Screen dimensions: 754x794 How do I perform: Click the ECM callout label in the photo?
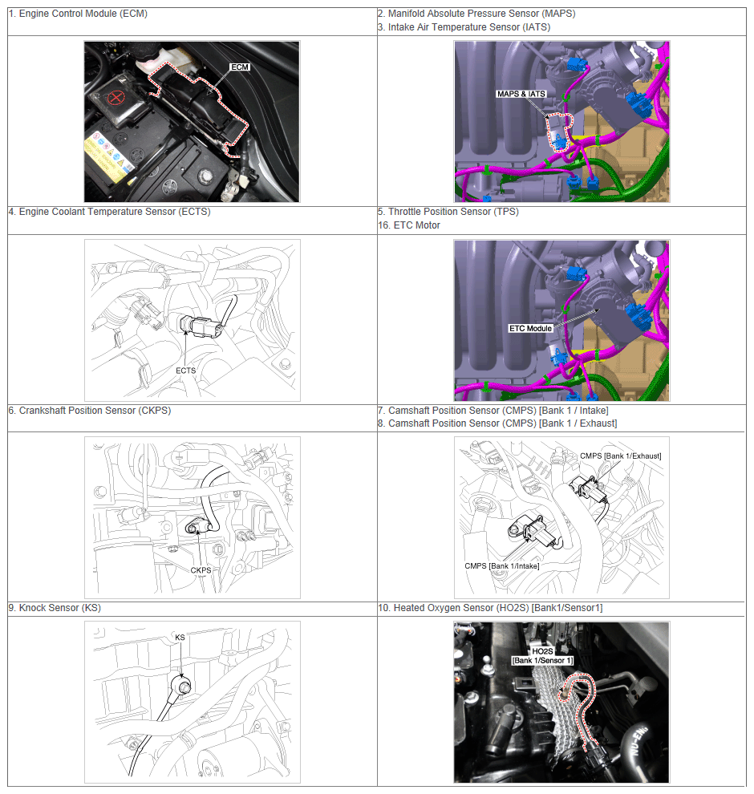[x=240, y=67]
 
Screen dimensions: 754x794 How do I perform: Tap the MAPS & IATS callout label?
[x=521, y=94]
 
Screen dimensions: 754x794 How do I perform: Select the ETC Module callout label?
[x=530, y=328]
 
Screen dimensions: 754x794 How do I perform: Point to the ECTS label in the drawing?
[x=186, y=371]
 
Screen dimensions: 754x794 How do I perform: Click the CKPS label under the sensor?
[x=201, y=570]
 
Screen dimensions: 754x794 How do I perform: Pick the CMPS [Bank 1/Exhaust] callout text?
[x=620, y=456]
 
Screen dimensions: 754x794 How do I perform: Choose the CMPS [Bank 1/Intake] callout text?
[x=502, y=565]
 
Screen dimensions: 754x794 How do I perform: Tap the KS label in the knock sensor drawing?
[x=180, y=637]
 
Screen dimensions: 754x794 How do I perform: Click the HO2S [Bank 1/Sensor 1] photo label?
[x=542, y=656]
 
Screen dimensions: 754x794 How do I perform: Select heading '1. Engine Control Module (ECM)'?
[x=78, y=14]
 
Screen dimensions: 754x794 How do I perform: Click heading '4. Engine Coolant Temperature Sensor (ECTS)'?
[x=109, y=212]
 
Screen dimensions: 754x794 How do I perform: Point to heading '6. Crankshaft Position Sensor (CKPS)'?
[x=90, y=410]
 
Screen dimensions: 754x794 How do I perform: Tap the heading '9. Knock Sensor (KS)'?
[x=55, y=608]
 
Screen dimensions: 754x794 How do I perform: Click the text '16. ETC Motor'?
[x=409, y=225]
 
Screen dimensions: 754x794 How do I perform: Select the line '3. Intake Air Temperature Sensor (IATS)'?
[x=464, y=27]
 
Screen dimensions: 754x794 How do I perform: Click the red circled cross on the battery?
[x=116, y=97]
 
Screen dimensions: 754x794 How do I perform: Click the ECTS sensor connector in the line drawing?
[x=201, y=326]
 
